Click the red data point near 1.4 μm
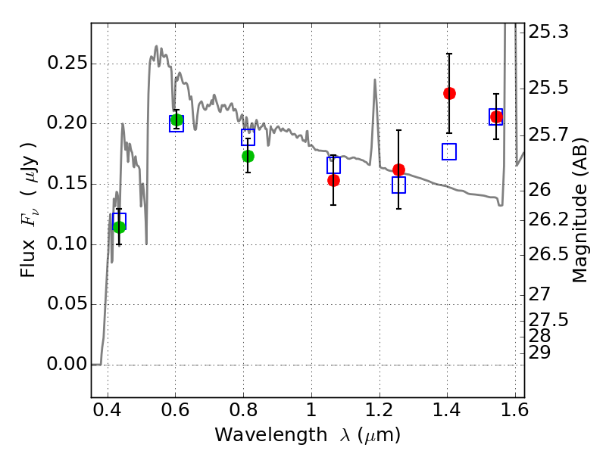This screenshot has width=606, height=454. [449, 93]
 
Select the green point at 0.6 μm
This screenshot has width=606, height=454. [176, 120]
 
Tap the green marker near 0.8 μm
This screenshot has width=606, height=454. [248, 157]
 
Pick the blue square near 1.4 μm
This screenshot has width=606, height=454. [449, 152]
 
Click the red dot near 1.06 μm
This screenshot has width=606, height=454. [333, 180]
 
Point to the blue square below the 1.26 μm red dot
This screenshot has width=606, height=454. [399, 185]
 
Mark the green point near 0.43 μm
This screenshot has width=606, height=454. [120, 227]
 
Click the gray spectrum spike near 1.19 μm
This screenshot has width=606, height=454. [374, 80]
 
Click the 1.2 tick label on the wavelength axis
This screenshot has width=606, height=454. [380, 410]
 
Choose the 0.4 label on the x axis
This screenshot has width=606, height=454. [108, 410]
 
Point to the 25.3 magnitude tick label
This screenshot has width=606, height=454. [548, 32]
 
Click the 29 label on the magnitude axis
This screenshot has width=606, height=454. [539, 352]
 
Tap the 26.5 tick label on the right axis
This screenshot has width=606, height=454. [548, 254]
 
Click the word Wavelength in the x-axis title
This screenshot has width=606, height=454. [270, 435]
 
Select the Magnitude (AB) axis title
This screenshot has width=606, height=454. [579, 210]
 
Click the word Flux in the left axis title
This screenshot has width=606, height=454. [27, 259]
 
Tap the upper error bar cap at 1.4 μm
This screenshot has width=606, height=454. [449, 54]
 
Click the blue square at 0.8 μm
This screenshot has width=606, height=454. [248, 137]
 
